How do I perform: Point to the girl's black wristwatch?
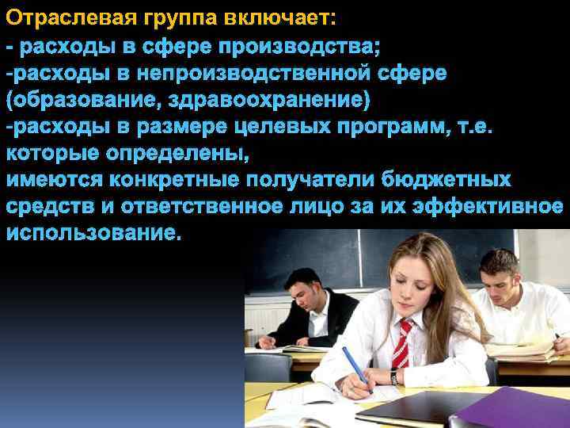tap(393, 377)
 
